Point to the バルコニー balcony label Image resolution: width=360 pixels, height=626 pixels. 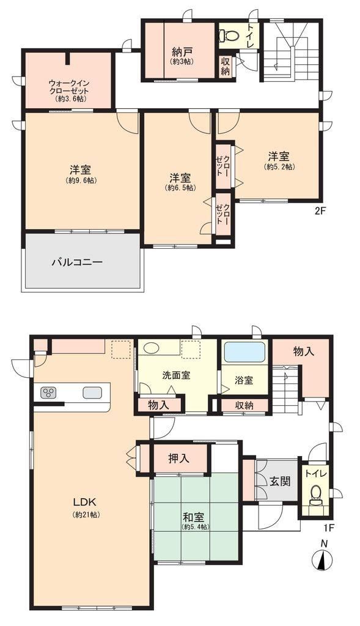[x=78, y=262]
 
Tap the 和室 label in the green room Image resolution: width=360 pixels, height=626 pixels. [x=194, y=517]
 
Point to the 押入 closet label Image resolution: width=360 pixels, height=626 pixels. [x=178, y=459]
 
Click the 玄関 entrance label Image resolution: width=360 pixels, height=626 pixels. [x=280, y=481]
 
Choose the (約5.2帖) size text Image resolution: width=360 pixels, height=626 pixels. [x=279, y=166]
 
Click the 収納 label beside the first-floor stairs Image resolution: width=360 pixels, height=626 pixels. [x=244, y=406]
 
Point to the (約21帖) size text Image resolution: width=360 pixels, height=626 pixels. [x=86, y=515]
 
